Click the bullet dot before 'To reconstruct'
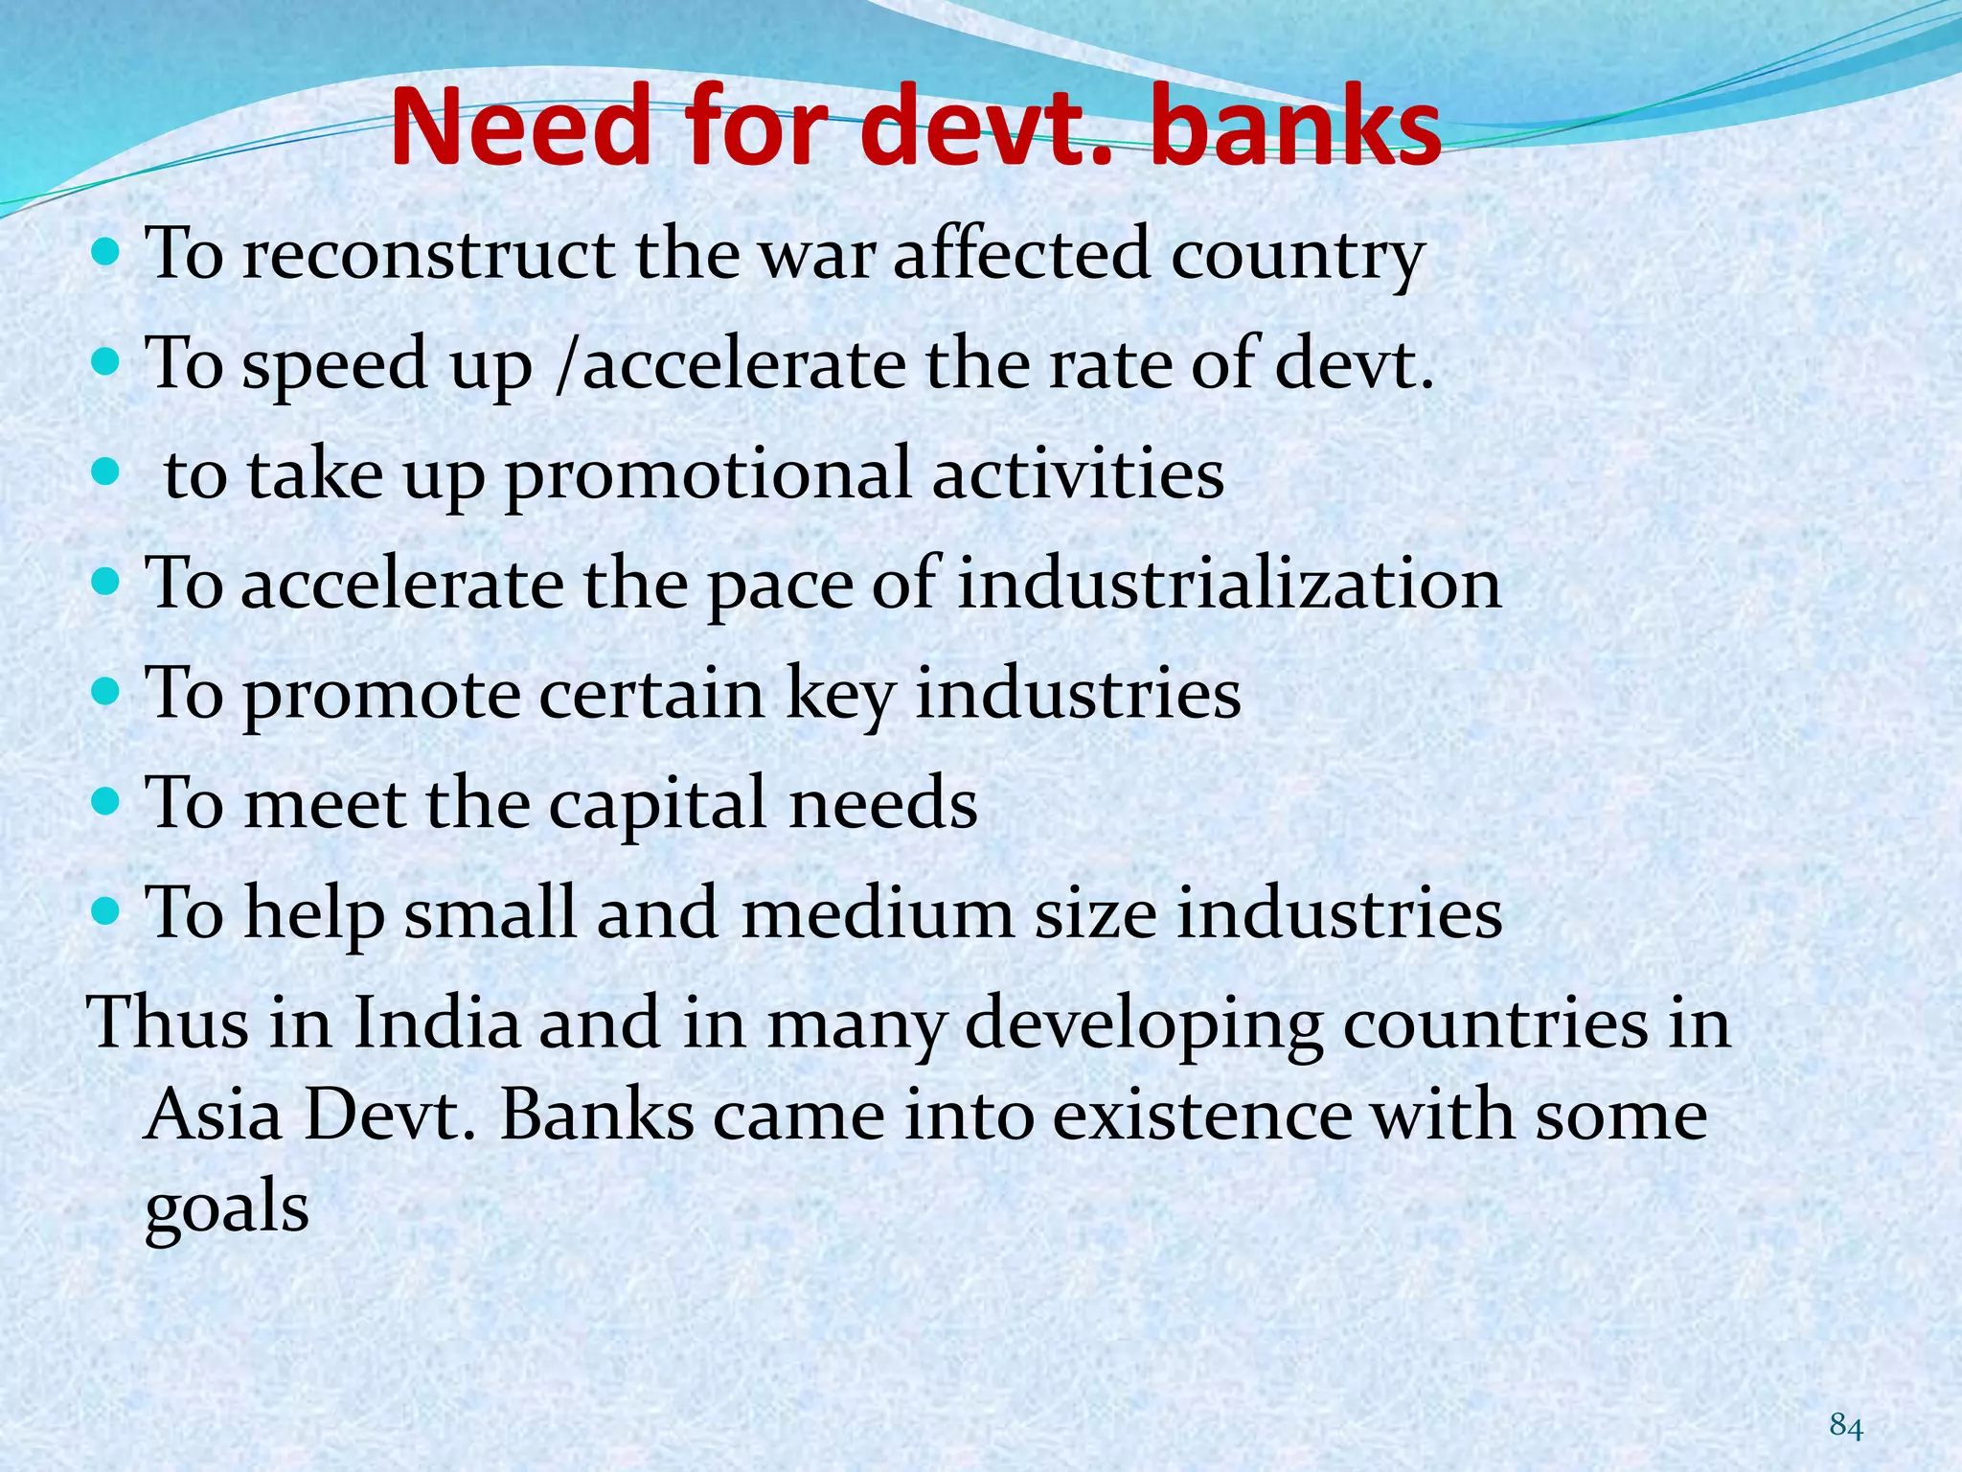[x=108, y=253]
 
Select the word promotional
[x=708, y=475]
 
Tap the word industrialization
[x=1229, y=585]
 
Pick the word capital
[x=657, y=803]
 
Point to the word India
[x=436, y=1023]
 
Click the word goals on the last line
[x=227, y=1207]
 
